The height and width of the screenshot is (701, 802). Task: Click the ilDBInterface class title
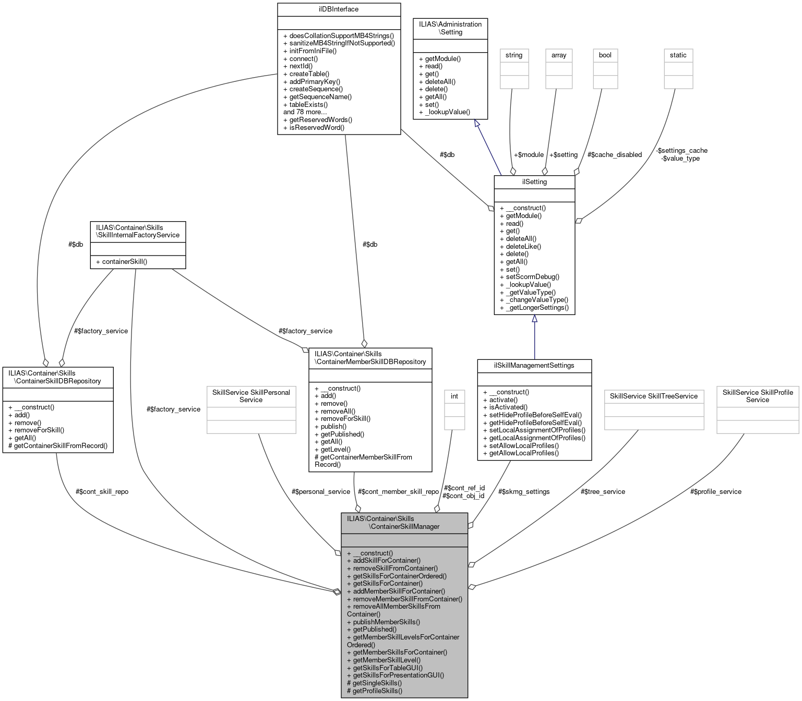[x=339, y=9]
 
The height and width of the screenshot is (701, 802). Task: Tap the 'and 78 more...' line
[x=305, y=112]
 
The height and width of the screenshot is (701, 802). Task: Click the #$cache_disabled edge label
[x=614, y=155]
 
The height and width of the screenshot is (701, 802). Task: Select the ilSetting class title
[x=534, y=182]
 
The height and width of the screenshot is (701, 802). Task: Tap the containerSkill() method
[x=121, y=262]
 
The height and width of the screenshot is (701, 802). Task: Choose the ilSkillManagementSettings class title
[x=534, y=366]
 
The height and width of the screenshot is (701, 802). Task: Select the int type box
[x=454, y=396]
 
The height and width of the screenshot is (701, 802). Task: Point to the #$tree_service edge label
[x=603, y=492]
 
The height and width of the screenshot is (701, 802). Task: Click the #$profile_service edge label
[x=715, y=492]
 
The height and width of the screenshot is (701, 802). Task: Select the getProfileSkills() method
[x=375, y=691]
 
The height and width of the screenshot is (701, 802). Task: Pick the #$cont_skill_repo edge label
[x=102, y=492]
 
